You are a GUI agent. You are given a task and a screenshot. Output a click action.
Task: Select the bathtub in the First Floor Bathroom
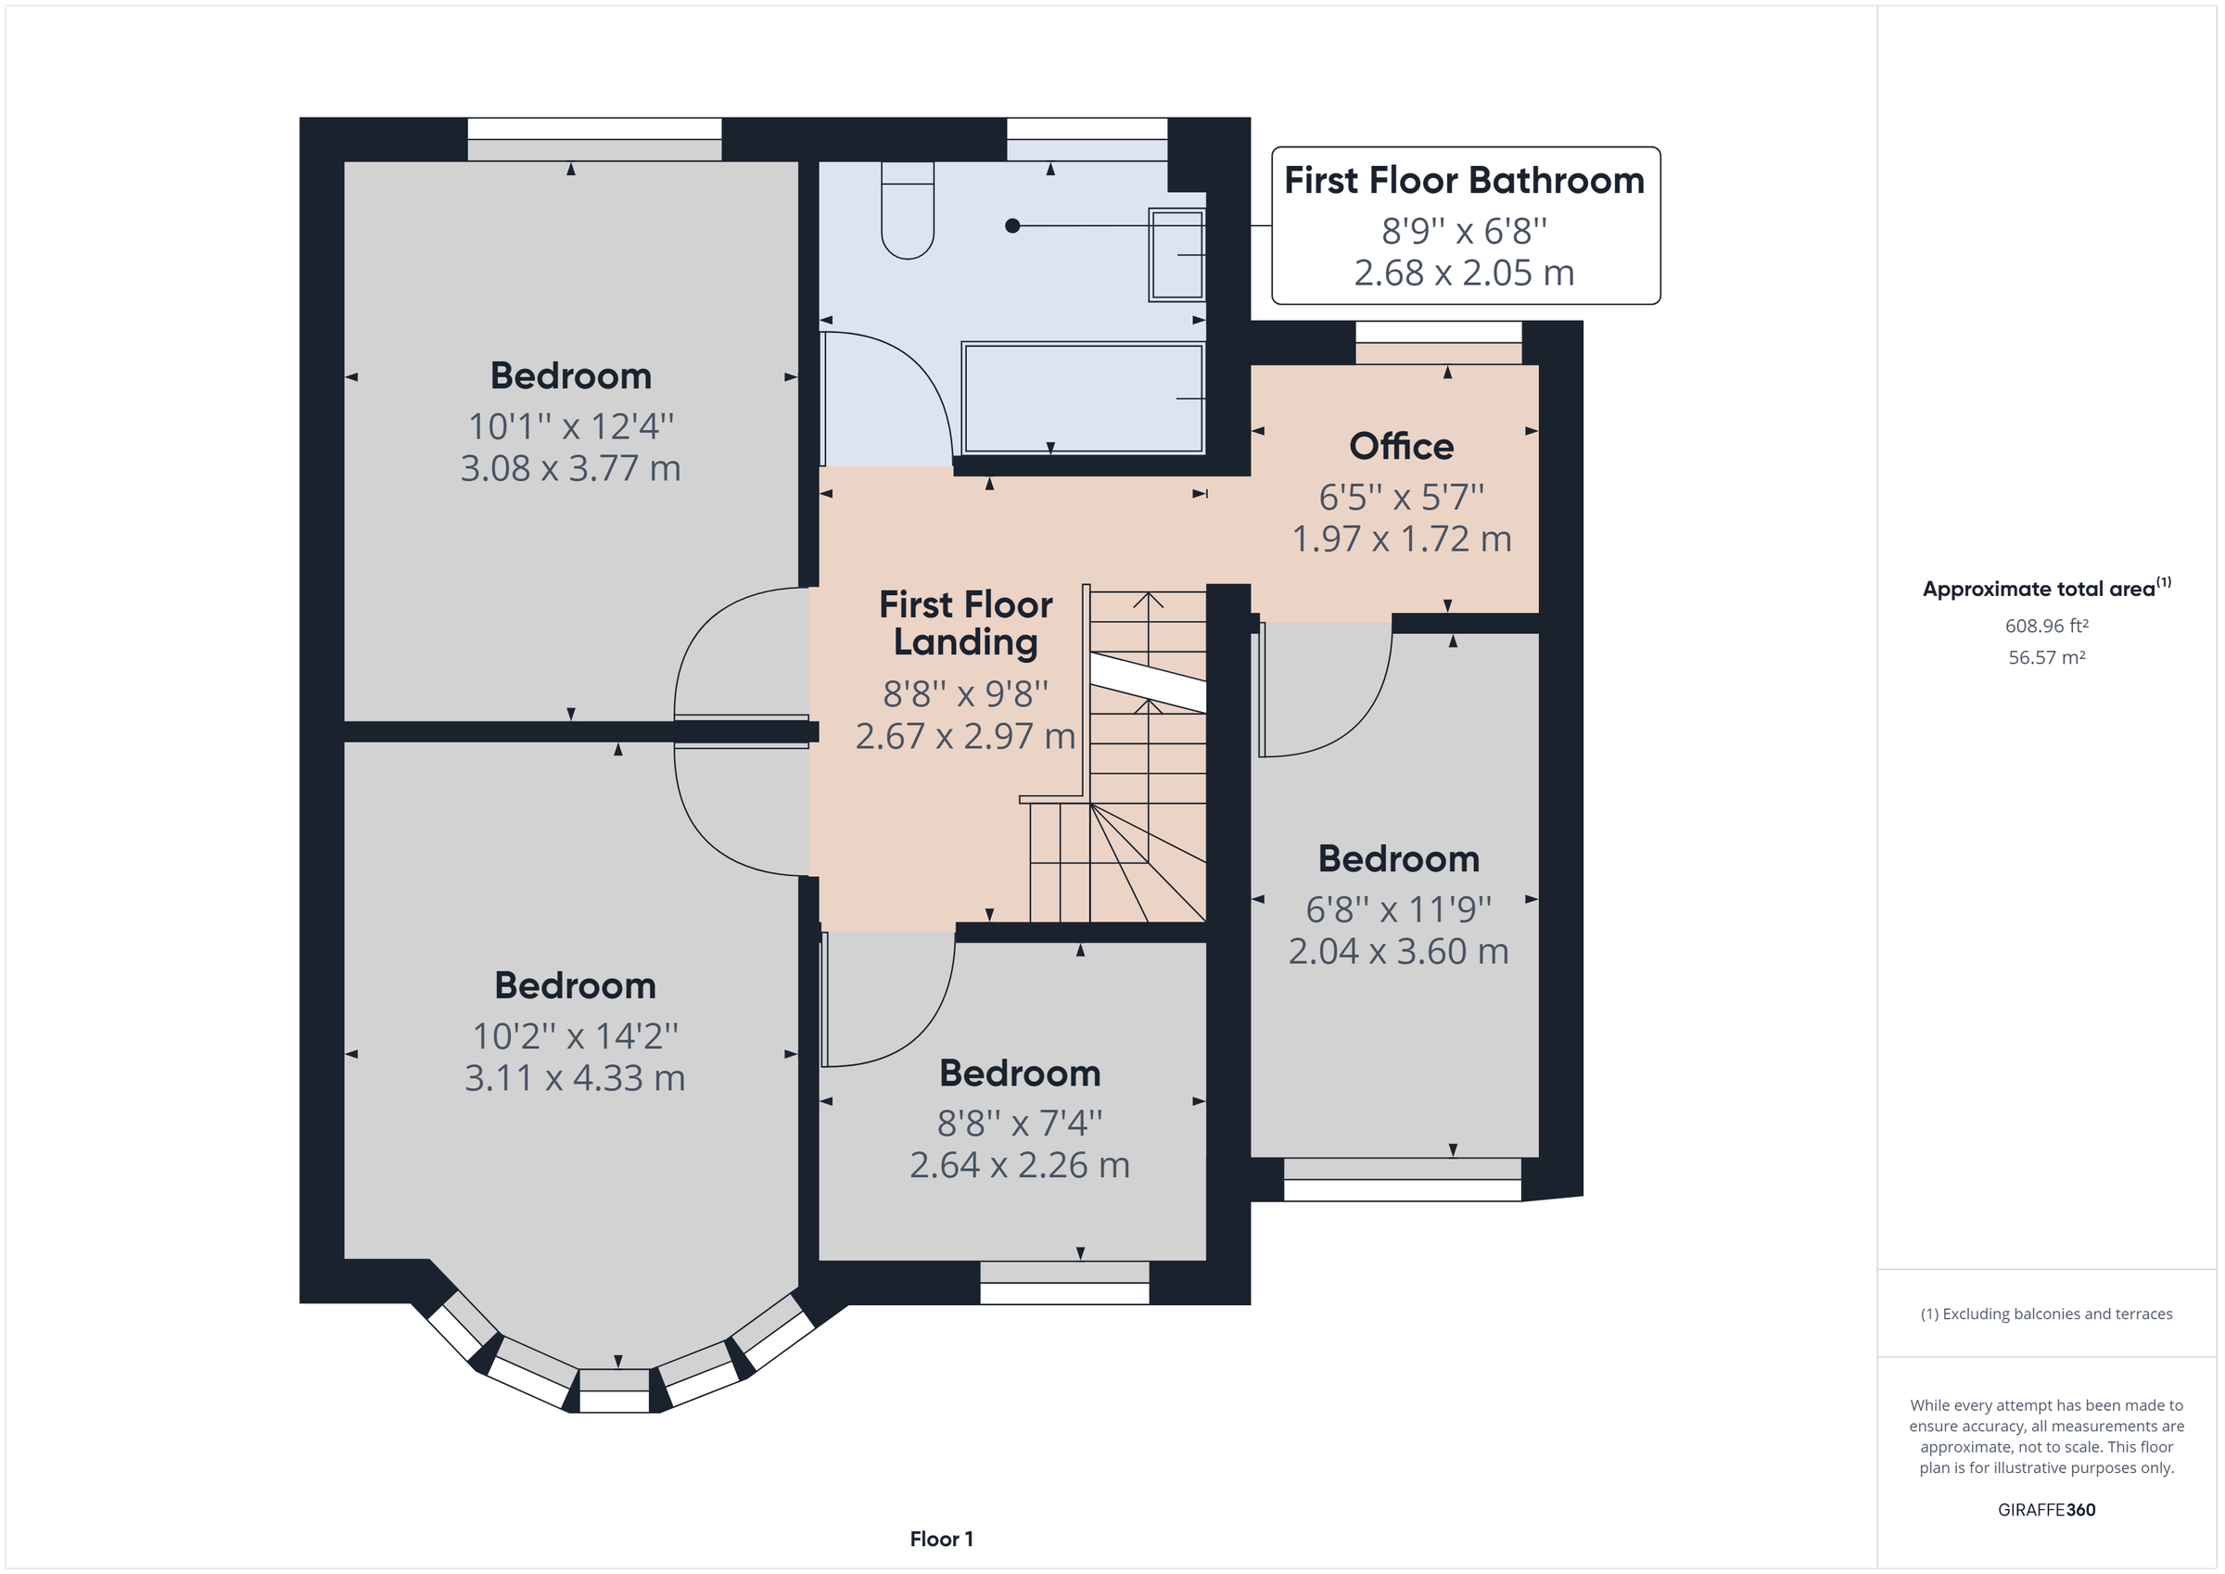tap(1083, 398)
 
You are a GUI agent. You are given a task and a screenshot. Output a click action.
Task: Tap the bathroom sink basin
tap(1176, 255)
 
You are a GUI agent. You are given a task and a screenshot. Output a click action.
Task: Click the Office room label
tap(1400, 447)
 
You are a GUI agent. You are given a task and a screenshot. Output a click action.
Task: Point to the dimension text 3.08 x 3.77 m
tap(570, 469)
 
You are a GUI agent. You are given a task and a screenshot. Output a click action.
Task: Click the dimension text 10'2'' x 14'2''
tap(575, 1036)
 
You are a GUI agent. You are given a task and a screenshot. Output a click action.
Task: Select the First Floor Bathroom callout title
tap(1463, 182)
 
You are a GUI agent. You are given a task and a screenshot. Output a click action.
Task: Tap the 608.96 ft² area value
tap(2046, 626)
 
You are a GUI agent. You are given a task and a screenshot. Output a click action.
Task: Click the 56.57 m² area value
tap(2046, 657)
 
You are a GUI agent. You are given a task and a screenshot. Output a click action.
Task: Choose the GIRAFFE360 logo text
tap(2046, 1509)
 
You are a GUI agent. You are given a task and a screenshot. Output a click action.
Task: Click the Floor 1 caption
tap(940, 1538)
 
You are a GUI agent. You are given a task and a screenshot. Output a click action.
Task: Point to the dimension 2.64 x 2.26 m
tap(1019, 1165)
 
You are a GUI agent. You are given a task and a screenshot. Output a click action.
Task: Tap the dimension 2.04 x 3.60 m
tap(1397, 952)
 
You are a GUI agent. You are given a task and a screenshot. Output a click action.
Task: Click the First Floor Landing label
tap(964, 623)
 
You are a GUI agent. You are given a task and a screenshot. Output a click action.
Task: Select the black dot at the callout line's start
tap(1011, 226)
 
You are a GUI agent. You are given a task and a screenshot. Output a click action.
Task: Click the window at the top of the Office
tap(1437, 333)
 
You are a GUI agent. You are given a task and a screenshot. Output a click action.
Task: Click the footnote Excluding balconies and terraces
tap(2046, 1314)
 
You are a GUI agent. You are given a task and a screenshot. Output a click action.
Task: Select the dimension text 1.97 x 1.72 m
tap(1400, 539)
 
